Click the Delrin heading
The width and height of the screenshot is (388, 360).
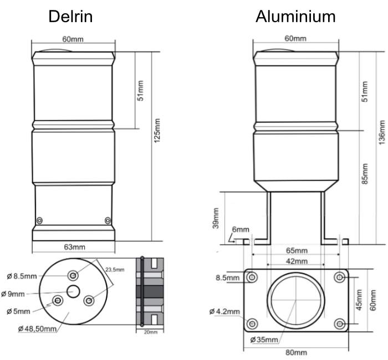[70, 17]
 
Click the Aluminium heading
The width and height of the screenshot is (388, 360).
[295, 17]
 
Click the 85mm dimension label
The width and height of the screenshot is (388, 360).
[365, 174]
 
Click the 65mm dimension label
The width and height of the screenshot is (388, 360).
[296, 251]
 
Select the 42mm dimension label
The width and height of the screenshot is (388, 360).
[296, 261]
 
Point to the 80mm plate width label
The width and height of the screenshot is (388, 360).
[296, 353]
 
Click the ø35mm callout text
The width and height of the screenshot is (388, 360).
[263, 339]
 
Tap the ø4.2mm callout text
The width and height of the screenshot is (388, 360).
[224, 312]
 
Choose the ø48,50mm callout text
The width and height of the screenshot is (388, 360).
[37, 330]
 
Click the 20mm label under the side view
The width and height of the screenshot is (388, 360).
[151, 332]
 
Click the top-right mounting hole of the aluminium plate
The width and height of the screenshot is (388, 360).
[338, 277]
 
